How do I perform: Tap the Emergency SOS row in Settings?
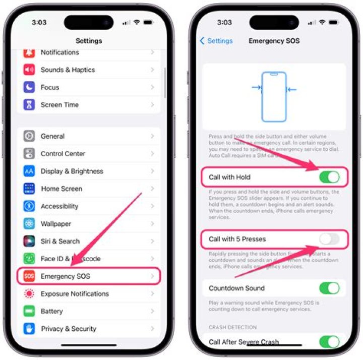[89, 276]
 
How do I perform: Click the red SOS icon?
[29, 276]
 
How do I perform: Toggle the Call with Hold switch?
[329, 177]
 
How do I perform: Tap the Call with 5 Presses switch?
[329, 239]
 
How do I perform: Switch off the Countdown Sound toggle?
[329, 288]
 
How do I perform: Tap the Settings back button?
[216, 41]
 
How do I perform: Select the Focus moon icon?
[29, 87]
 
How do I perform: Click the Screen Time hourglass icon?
[29, 105]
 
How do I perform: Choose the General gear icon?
[29, 136]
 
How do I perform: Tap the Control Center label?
[63, 154]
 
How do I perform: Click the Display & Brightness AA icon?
[29, 171]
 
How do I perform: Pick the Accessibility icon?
[29, 206]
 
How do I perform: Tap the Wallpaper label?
[56, 224]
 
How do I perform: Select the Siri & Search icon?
[29, 241]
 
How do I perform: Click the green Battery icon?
[29, 311]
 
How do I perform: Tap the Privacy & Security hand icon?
[29, 329]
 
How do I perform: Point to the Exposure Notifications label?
[75, 294]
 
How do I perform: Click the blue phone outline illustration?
[274, 97]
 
